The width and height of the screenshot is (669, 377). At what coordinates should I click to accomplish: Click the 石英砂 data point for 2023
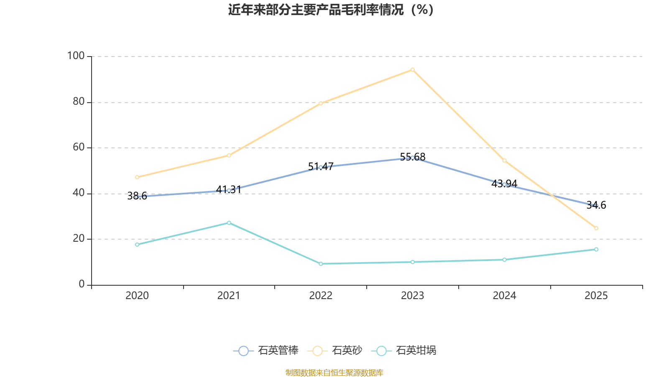412,70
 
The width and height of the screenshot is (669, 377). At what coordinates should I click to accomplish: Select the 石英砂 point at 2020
137,177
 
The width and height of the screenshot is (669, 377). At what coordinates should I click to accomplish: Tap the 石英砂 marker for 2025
596,228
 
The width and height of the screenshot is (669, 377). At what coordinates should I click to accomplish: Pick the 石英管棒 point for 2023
412,158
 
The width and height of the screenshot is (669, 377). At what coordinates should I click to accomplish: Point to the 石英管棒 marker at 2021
229,191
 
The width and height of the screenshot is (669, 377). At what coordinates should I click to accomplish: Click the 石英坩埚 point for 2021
229,223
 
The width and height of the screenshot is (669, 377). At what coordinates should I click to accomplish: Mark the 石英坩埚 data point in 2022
321,264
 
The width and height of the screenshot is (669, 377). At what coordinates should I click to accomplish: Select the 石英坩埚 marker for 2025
596,250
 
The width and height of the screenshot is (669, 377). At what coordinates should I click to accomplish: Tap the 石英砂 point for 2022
321,103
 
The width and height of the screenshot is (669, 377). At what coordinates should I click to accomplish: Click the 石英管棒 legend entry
266,351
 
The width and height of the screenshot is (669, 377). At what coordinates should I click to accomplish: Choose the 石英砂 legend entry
335,351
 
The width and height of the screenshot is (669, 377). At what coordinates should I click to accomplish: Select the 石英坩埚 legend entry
403,351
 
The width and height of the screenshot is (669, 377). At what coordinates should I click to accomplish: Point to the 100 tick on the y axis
76,56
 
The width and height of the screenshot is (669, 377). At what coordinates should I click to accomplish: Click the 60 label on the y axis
78,147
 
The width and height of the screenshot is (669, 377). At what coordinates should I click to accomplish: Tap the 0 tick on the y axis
82,284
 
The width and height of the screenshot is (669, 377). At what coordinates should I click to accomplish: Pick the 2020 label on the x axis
137,296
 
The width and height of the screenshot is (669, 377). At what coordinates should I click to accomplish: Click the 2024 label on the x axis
504,296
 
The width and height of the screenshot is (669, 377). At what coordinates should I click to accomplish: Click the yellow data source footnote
334,372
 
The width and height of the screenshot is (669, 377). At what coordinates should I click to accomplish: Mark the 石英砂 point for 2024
504,160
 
